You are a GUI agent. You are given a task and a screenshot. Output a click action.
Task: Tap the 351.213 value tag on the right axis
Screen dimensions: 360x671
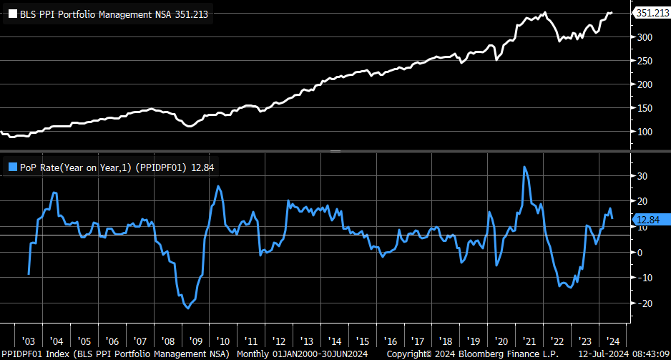coord(651,13)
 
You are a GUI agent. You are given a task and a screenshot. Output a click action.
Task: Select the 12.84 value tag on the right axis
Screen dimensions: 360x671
coord(647,220)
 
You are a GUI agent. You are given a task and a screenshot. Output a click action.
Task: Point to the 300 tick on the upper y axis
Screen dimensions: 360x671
coord(645,37)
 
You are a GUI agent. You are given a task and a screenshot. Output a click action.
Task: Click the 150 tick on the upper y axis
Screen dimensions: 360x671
coord(645,108)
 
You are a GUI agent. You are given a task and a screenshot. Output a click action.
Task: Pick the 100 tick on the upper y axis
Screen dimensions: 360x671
coord(645,132)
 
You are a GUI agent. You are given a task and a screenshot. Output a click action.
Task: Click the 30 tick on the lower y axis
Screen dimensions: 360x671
coord(642,175)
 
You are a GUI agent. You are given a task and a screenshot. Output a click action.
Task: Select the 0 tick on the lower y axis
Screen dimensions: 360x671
coord(641,253)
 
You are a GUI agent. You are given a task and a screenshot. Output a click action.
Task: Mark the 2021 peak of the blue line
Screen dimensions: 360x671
coord(525,167)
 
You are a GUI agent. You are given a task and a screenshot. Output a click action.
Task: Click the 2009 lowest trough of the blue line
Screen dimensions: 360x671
coord(188,308)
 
